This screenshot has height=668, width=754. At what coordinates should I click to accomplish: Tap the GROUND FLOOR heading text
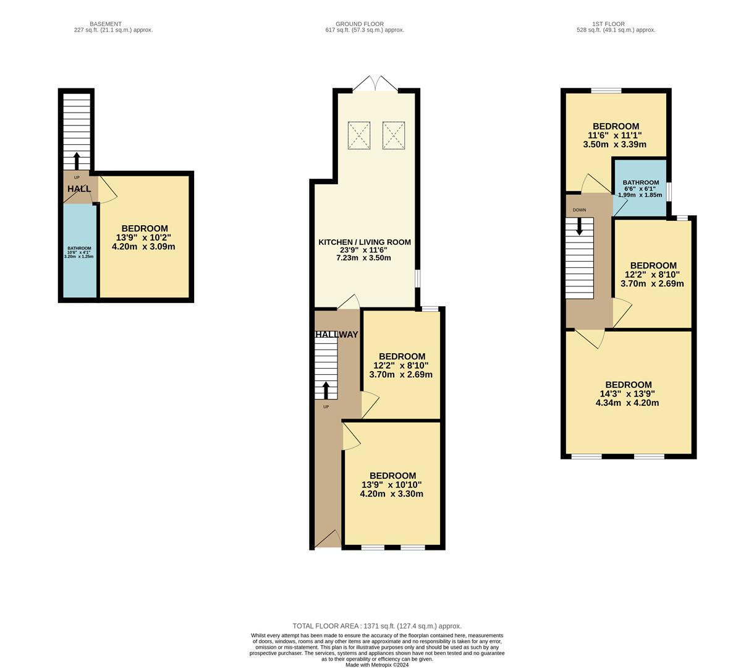365,24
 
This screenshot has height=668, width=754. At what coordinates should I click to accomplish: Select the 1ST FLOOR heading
614,24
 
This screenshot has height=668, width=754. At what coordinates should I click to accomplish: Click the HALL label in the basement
78,189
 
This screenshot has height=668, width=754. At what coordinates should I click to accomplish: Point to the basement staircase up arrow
77,160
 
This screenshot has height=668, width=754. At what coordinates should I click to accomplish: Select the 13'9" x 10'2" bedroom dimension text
143,238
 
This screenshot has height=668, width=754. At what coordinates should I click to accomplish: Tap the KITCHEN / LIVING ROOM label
364,242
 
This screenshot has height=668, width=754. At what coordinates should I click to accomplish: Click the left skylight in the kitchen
359,135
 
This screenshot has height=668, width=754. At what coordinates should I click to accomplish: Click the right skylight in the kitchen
393,135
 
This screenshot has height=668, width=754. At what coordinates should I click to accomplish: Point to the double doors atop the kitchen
375,84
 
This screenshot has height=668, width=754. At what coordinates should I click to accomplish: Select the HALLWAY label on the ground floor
337,335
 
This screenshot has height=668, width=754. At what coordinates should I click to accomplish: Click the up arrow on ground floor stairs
326,390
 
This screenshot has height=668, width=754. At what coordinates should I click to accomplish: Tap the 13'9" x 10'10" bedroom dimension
391,485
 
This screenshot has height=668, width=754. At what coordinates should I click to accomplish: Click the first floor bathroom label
640,182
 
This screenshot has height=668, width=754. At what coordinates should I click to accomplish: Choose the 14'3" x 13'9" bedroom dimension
629,394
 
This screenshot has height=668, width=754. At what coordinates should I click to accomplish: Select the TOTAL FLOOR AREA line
377,626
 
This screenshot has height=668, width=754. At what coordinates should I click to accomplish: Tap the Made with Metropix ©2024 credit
377,665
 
